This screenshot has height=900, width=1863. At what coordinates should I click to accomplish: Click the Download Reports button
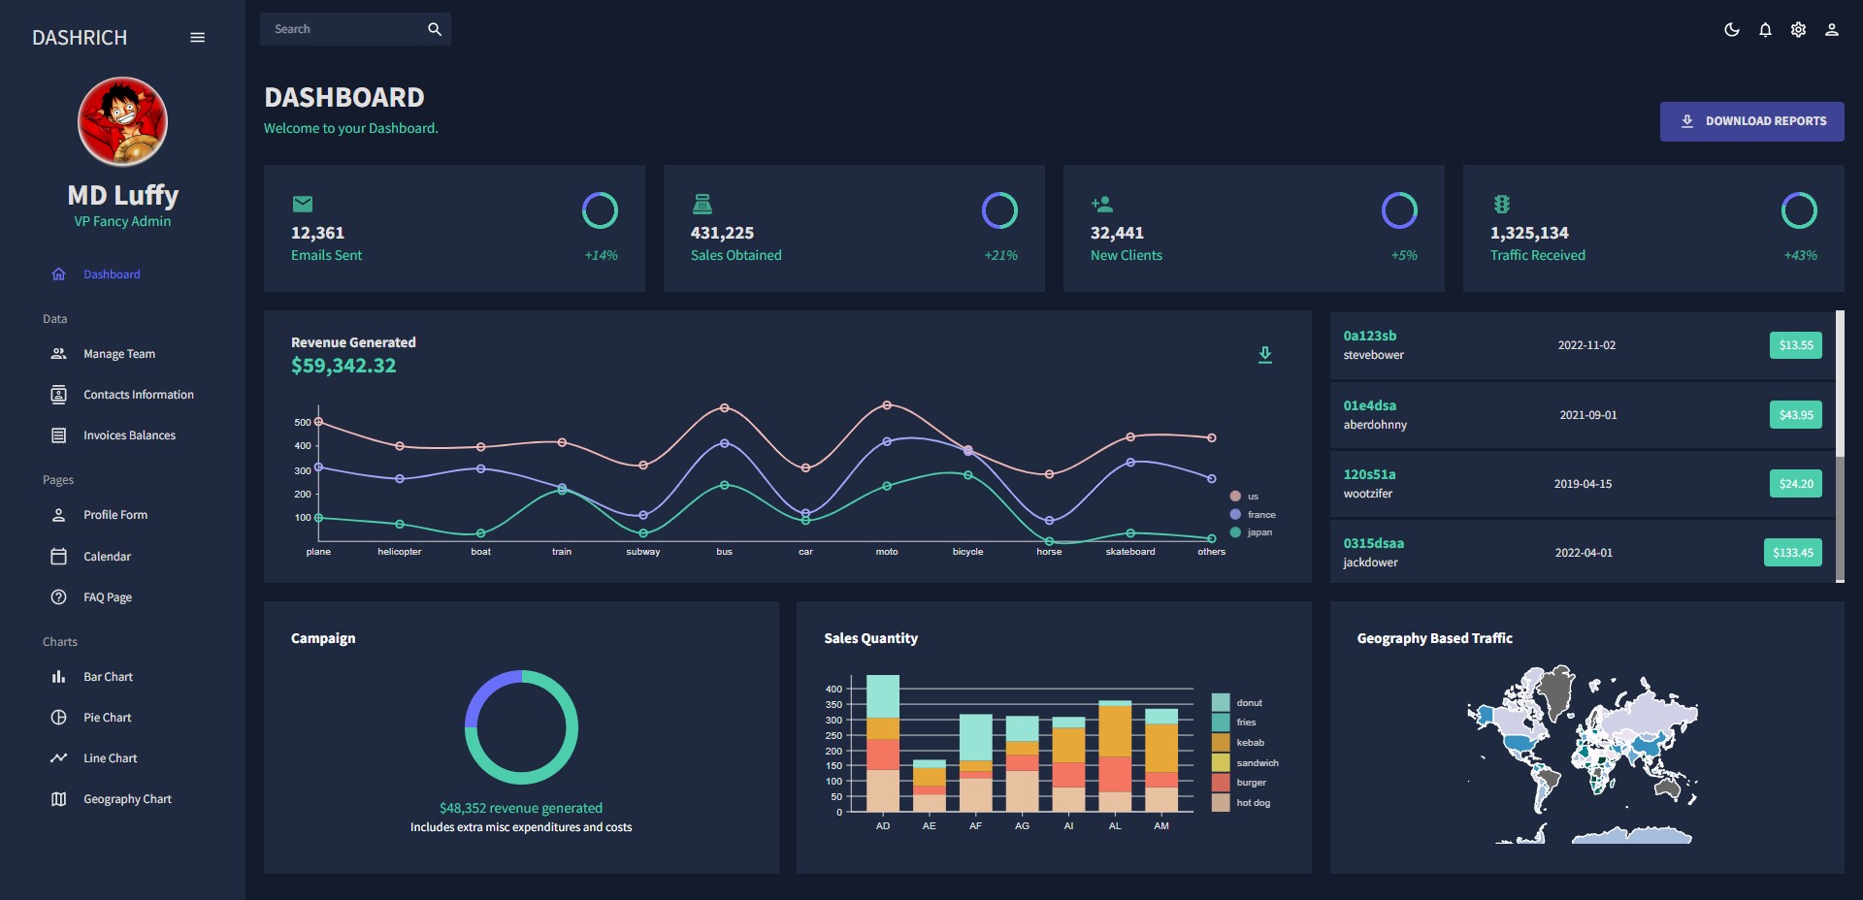[x=1751, y=121]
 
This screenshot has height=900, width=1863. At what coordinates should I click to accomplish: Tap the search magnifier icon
[x=435, y=29]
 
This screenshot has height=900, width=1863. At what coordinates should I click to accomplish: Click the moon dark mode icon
[x=1731, y=30]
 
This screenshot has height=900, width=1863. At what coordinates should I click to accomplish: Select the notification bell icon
[x=1765, y=30]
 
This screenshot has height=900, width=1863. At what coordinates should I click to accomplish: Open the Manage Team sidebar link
[x=118, y=354]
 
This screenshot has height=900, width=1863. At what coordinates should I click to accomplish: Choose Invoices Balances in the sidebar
[x=129, y=435]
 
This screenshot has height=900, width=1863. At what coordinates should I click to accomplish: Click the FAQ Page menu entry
[x=107, y=597]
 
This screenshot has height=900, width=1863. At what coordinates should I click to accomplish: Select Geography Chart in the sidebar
[x=127, y=799]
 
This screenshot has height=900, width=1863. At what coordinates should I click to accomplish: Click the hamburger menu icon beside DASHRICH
[x=197, y=38]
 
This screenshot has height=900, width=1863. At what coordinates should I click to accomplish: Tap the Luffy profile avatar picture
[x=122, y=122]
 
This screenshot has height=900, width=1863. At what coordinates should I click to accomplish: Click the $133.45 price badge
[x=1792, y=553]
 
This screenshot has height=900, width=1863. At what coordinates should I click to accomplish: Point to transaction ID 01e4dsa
[x=1369, y=405]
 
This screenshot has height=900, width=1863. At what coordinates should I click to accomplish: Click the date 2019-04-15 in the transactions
[x=1583, y=484]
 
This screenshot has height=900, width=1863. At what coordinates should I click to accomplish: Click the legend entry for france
[x=1260, y=515]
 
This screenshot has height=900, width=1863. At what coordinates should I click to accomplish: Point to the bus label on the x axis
[x=724, y=552]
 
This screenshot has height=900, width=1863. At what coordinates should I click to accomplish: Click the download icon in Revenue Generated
[x=1264, y=355]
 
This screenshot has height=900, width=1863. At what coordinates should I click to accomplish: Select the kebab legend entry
[x=1250, y=743]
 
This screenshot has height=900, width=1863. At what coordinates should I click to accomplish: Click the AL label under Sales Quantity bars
[x=1115, y=826]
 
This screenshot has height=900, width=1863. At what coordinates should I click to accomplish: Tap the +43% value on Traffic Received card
[x=1800, y=255]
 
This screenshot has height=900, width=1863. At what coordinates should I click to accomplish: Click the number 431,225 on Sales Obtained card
[x=722, y=233]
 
